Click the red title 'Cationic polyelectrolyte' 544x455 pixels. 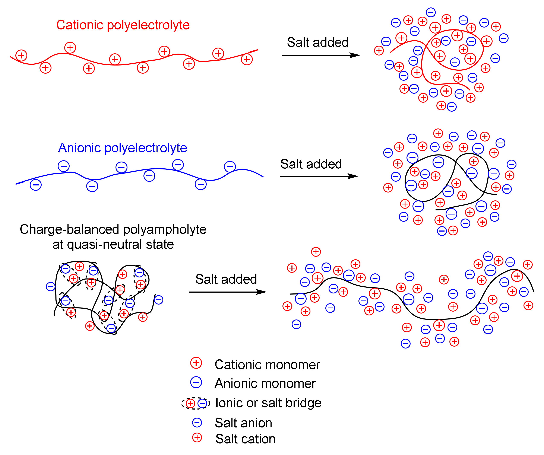pyautogui.click(x=123, y=25)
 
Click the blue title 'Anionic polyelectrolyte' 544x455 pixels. pyautogui.click(x=122, y=148)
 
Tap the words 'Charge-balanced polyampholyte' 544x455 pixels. pyautogui.click(x=113, y=229)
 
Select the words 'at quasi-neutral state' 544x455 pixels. pyautogui.click(x=113, y=244)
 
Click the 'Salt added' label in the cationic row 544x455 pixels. pyautogui.click(x=318, y=42)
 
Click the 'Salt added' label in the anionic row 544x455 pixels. pyautogui.click(x=311, y=164)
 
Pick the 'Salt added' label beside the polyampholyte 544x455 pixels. pyautogui.click(x=226, y=279)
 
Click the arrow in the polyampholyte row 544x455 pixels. pyautogui.click(x=227, y=292)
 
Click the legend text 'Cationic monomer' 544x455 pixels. pyautogui.click(x=267, y=365)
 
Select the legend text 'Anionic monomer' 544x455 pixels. pyautogui.click(x=265, y=384)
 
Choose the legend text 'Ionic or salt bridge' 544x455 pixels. pyautogui.click(x=268, y=403)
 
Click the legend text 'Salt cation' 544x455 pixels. pyautogui.click(x=245, y=439)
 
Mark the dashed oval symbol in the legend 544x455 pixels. pyautogui.click(x=196, y=403)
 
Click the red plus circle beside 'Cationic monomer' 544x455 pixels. pyautogui.click(x=196, y=363)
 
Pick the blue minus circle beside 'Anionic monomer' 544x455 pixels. pyautogui.click(x=196, y=382)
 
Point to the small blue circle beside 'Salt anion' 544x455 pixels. pyautogui.click(x=197, y=423)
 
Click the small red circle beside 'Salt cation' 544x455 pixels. pyautogui.click(x=197, y=438)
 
